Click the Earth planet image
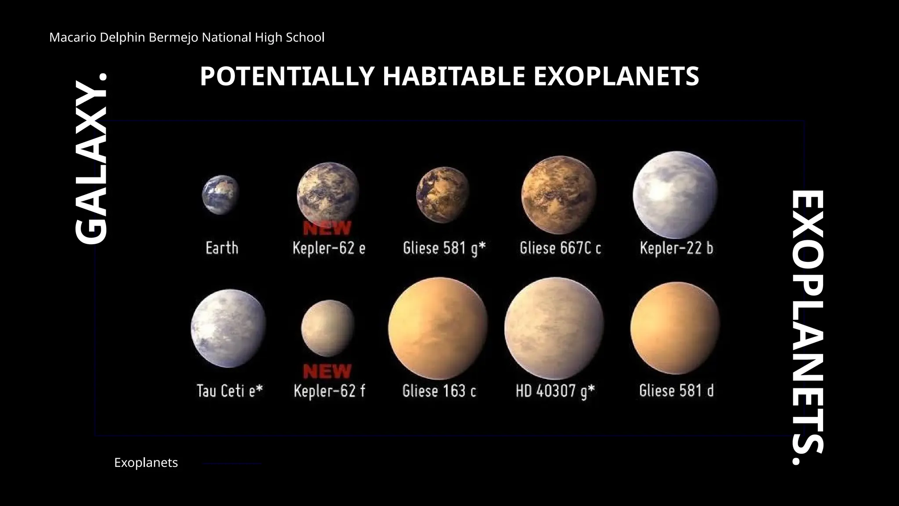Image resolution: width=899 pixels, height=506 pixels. coord(220,195)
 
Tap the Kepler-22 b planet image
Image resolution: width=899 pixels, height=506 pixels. coord(675,195)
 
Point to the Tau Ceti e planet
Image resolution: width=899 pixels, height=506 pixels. coord(228,328)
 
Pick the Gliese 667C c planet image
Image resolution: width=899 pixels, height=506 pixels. coord(559,195)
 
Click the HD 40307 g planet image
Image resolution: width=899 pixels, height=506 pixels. coord(554,326)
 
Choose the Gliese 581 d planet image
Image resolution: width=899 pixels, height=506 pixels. coord(675,328)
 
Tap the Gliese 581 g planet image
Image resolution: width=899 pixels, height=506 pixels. coord(442,194)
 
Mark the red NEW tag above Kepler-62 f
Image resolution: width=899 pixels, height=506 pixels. coord(327,372)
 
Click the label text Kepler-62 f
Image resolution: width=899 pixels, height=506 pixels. coord(329,391)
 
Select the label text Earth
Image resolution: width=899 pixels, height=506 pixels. coord(222,248)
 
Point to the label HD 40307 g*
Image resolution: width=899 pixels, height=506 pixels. coord(555,391)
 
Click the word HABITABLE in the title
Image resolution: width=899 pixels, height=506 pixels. coord(454,76)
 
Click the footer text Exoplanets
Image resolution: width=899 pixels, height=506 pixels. coord(146,463)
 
